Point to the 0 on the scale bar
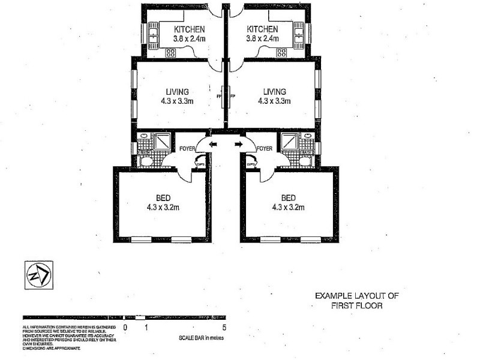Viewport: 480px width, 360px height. tap(125, 328)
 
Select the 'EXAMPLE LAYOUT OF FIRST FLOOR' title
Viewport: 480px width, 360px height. tap(356, 301)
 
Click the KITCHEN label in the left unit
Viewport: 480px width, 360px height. tap(190, 29)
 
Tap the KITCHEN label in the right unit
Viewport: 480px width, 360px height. tap(262, 29)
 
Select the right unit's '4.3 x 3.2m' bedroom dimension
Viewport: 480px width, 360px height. tap(289, 208)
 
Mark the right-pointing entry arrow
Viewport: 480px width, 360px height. tap(238, 144)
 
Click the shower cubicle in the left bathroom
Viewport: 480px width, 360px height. tap(163, 142)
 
